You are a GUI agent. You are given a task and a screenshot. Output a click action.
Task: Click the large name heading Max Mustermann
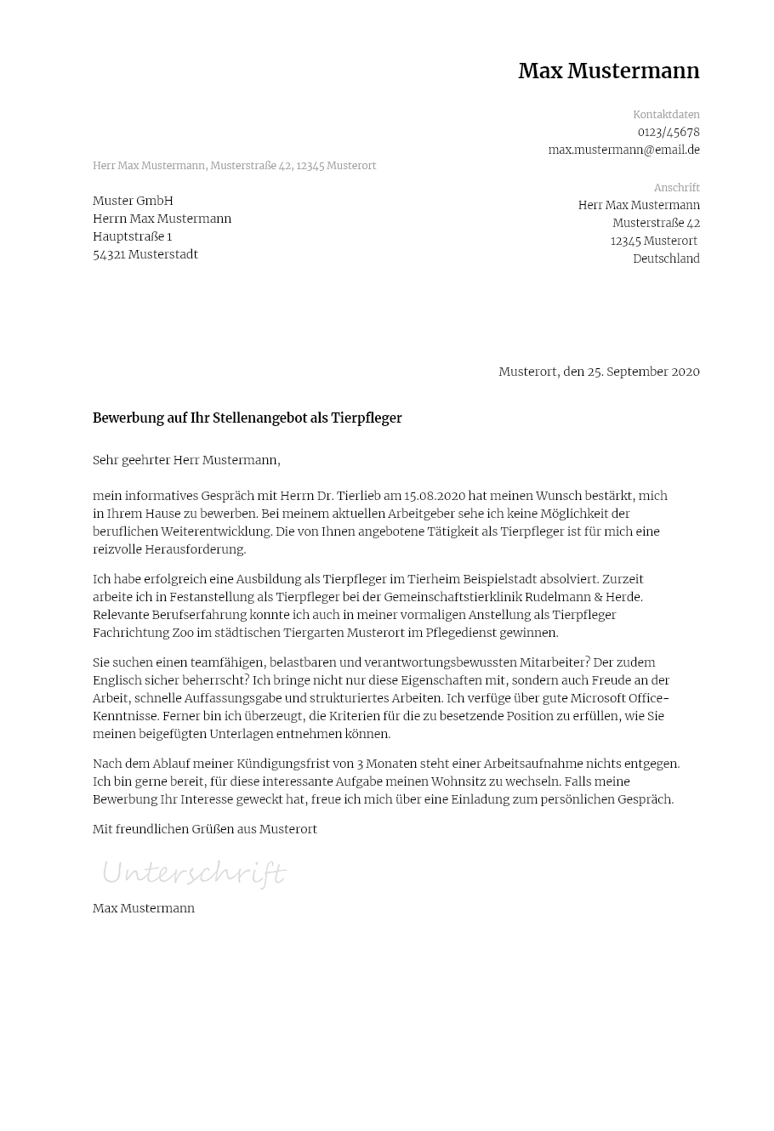(608, 71)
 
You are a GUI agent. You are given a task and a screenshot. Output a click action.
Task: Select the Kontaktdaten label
(666, 115)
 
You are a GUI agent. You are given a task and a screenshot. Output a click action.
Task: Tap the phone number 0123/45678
(669, 133)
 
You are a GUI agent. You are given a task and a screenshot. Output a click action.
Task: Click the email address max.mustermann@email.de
(623, 150)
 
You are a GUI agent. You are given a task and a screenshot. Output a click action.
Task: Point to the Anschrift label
(676, 188)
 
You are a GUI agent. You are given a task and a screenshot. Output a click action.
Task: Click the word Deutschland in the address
(666, 259)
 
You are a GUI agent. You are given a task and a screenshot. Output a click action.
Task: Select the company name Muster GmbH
(133, 201)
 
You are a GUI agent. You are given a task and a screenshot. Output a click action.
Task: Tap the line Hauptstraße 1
(132, 236)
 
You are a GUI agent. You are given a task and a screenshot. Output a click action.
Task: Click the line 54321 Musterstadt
(145, 254)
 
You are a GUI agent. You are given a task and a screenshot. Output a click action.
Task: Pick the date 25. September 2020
(643, 372)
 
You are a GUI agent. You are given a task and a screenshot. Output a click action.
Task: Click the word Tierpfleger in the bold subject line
(364, 418)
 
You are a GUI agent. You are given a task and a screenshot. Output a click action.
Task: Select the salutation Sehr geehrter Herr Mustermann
(185, 460)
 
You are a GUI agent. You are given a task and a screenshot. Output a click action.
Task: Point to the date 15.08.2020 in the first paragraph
(435, 496)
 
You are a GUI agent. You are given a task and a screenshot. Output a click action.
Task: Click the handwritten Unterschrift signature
(194, 873)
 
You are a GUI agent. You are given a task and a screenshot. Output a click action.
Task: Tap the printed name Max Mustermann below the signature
(144, 908)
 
